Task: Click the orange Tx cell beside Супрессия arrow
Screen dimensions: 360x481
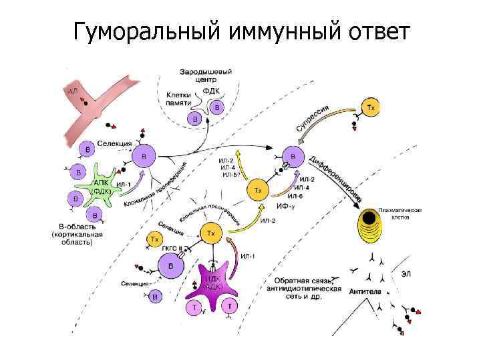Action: (x=371, y=107)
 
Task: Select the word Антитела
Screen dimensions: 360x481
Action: (x=365, y=291)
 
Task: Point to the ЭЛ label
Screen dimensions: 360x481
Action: (x=406, y=272)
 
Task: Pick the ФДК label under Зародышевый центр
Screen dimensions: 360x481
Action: (x=210, y=92)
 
